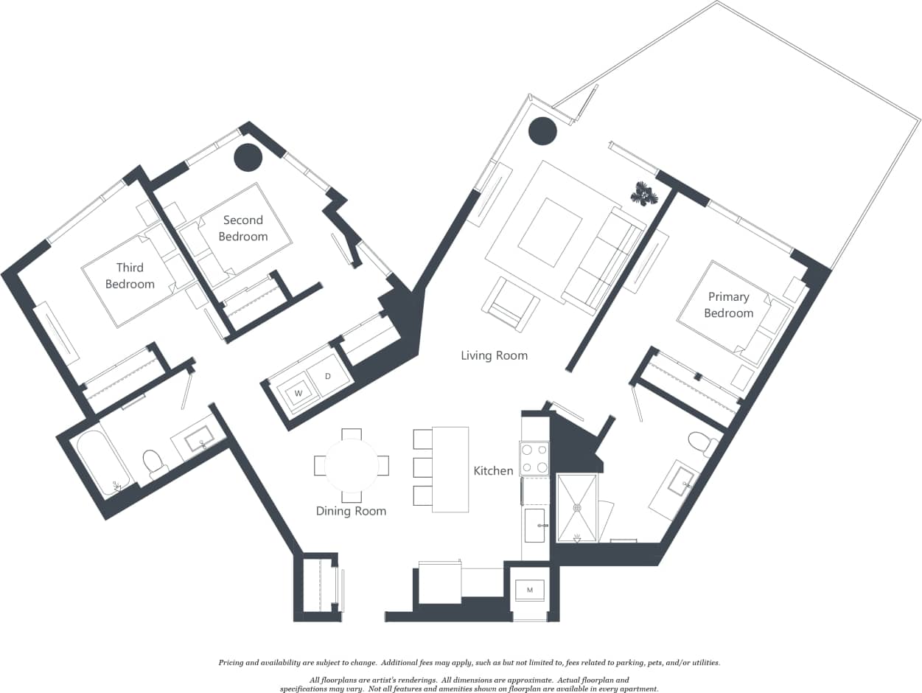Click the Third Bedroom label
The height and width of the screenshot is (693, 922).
click(x=130, y=276)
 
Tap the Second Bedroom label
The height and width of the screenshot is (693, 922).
click(x=242, y=228)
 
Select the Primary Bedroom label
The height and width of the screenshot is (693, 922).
click(x=728, y=304)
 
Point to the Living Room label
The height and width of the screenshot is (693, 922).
click(x=494, y=355)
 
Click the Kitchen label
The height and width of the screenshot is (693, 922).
click(x=493, y=470)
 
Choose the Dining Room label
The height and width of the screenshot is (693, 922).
click(x=351, y=511)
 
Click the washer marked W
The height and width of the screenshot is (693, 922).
click(x=298, y=393)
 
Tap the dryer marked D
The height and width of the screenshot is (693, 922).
click(x=327, y=376)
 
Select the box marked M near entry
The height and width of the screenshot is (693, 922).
click(x=529, y=590)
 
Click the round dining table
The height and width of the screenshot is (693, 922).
click(x=352, y=466)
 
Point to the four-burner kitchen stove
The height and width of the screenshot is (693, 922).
click(x=534, y=458)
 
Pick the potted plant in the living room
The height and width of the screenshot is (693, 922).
click(x=644, y=193)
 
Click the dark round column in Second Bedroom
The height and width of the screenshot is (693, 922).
click(x=248, y=157)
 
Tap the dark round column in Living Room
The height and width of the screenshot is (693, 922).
click(x=543, y=131)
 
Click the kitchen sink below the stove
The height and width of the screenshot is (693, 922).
click(x=534, y=525)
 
